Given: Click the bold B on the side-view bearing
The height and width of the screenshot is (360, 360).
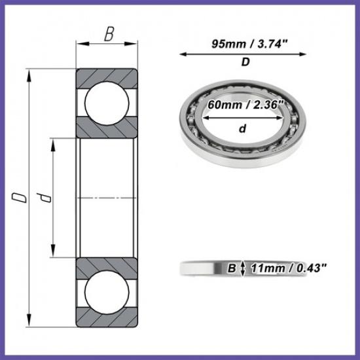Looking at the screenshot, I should click(x=230, y=268).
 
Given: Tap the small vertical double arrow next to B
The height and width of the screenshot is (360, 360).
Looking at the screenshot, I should click(x=243, y=268).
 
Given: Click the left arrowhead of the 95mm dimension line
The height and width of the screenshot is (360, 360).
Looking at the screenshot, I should click(x=181, y=54).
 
